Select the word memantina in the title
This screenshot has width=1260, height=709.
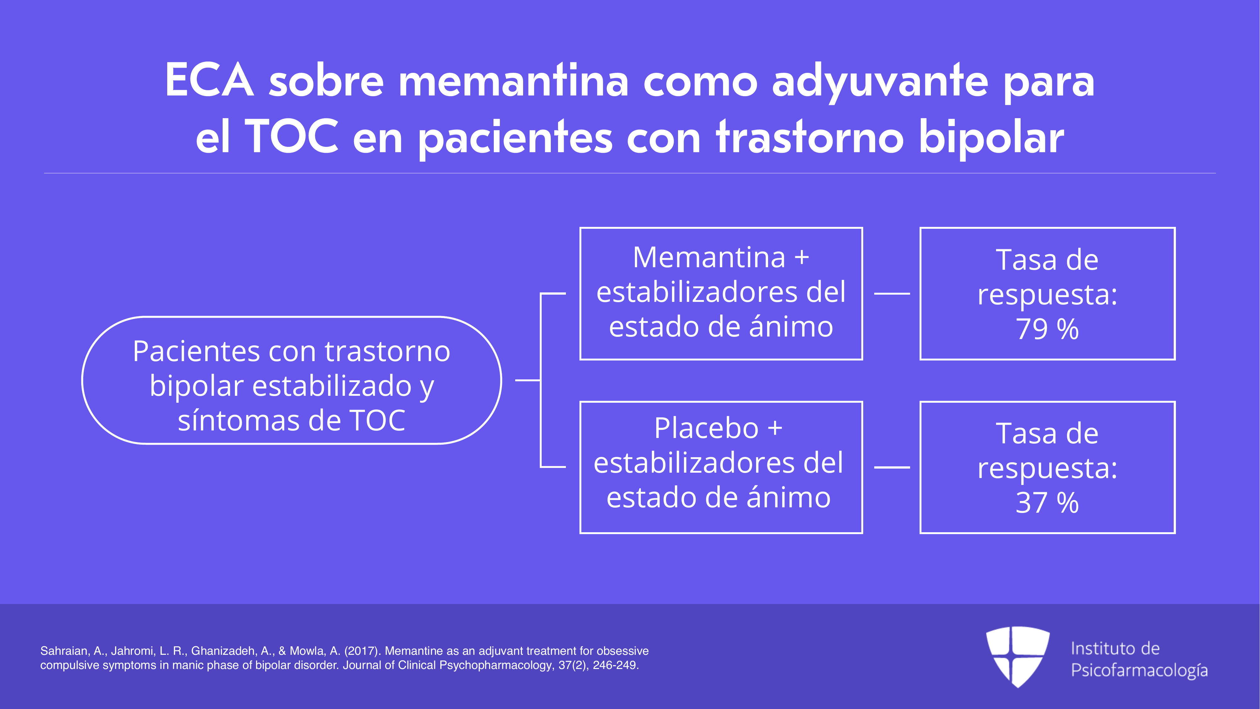514,81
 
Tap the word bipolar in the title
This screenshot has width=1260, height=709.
991,138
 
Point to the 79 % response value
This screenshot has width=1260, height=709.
1047,329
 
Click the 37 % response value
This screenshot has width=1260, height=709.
1047,503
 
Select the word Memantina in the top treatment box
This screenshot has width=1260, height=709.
709,257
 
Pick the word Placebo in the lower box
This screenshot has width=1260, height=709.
706,429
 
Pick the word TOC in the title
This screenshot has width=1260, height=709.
292,137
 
